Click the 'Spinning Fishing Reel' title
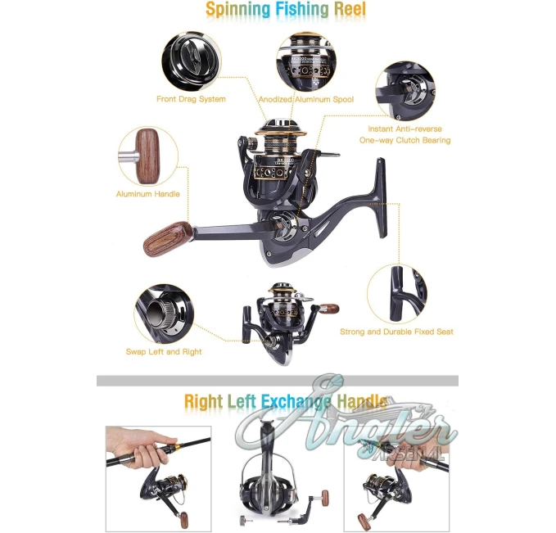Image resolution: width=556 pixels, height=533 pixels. [286, 10]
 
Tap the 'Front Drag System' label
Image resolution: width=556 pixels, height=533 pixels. [191, 99]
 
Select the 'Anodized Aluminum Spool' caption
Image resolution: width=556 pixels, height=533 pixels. [306, 100]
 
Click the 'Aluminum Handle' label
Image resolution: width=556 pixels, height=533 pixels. [148, 194]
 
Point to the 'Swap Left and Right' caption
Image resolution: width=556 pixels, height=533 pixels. [164, 352]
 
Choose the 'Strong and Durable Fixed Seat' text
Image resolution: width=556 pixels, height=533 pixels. [397, 332]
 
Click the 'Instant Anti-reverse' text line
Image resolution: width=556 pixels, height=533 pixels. [405, 129]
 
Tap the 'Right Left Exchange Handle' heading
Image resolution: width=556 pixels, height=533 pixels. [286, 401]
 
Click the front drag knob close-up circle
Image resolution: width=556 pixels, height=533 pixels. [192, 61]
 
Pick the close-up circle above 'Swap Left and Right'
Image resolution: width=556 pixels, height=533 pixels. [164, 314]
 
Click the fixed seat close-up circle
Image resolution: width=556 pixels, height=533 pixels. [397, 294]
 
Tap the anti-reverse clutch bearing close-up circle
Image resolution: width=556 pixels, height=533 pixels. [405, 91]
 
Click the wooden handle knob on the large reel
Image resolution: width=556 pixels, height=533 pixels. [168, 239]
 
